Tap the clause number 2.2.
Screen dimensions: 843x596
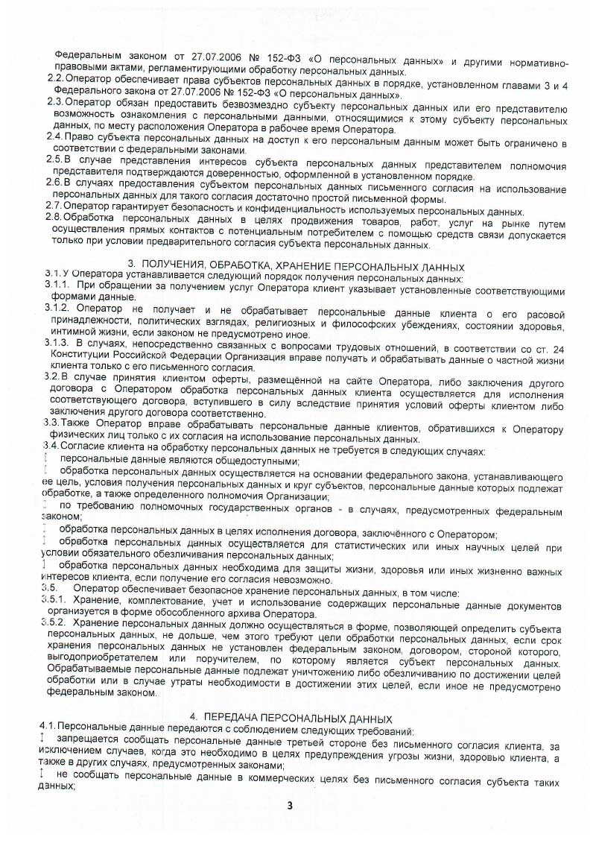point(54,78)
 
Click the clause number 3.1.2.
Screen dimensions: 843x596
point(59,309)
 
